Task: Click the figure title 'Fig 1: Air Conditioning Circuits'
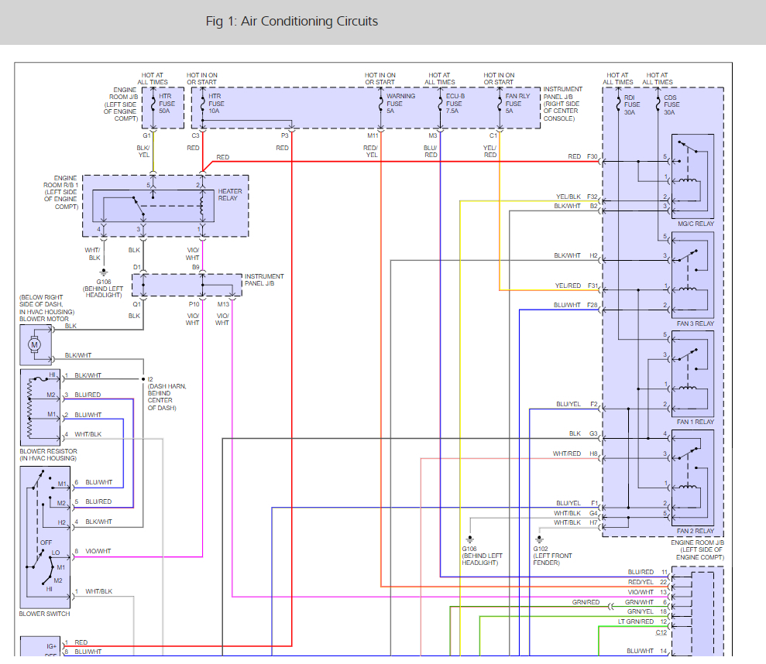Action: pos(292,22)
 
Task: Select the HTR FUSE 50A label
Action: pos(167,104)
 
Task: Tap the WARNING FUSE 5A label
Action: pos(400,104)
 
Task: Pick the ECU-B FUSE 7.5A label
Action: pos(455,104)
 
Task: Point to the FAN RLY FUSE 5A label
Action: pos(517,104)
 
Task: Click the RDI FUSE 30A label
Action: pos(632,105)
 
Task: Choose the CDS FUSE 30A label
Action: pos(672,105)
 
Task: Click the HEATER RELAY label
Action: pos(229,195)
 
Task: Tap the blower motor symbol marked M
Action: pos(34,344)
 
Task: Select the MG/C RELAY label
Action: pos(696,224)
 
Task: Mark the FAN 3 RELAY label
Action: pos(696,323)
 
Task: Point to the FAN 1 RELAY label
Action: pos(696,422)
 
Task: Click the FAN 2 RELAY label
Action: pos(696,531)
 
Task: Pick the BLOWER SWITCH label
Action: pos(44,614)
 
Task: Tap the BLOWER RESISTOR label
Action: pos(48,451)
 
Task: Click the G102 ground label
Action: pos(541,549)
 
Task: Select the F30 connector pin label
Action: pos(592,157)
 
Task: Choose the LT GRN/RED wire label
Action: pos(636,621)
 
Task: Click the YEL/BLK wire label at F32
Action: pos(568,197)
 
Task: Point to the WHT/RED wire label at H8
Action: pos(567,454)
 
